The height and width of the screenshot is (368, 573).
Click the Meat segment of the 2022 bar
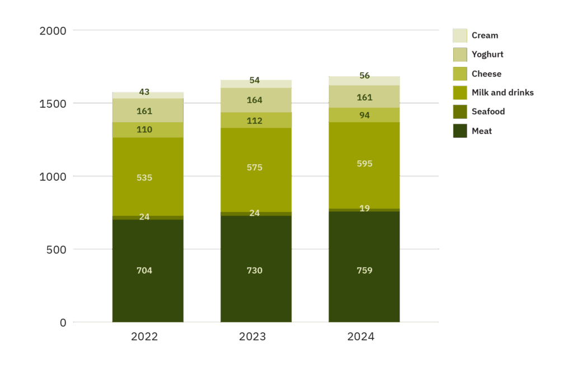tap(148, 290)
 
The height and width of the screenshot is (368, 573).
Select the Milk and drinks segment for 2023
tap(256, 184)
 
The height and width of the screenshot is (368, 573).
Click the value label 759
tap(364, 270)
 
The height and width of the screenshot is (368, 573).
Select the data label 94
tap(364, 116)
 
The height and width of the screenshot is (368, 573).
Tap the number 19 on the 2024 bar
tap(364, 208)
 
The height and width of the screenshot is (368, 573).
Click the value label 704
tap(144, 270)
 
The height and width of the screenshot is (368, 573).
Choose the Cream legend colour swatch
tap(460, 36)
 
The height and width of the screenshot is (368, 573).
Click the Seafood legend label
tap(488, 112)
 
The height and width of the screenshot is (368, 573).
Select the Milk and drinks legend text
tap(502, 93)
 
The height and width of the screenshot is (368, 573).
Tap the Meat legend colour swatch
tap(460, 131)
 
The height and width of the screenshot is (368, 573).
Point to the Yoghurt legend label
tap(487, 55)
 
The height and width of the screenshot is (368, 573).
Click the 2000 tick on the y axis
tap(53, 31)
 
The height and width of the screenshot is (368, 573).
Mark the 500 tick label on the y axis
tap(57, 249)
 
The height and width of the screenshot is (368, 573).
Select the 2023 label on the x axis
tap(252, 337)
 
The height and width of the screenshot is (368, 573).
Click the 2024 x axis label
tap(360, 337)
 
